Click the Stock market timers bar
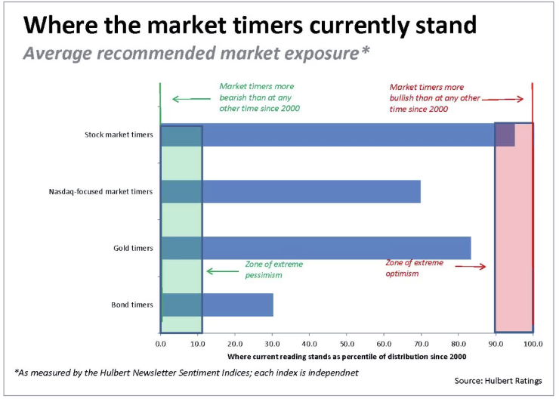(338, 135)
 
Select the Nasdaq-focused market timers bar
(291, 191)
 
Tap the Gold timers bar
(316, 248)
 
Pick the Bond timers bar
(217, 305)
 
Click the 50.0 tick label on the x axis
(347, 344)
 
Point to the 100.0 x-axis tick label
(533, 344)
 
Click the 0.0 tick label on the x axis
(160, 344)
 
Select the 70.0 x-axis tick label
(421, 344)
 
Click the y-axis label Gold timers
(133, 248)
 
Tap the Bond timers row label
(132, 305)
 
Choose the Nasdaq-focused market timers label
(100, 191)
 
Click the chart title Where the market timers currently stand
(249, 25)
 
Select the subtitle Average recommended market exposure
(196, 54)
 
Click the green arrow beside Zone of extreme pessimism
(223, 271)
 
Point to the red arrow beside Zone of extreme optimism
(471, 266)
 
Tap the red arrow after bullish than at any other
(502, 99)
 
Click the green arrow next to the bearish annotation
(191, 99)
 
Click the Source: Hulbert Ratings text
(498, 381)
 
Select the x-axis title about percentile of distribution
(347, 357)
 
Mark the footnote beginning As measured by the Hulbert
(186, 373)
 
